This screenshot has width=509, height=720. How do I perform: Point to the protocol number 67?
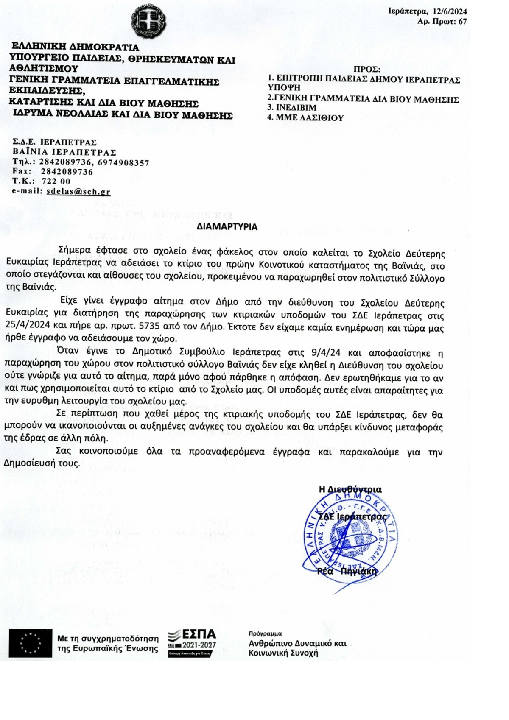click(x=463, y=22)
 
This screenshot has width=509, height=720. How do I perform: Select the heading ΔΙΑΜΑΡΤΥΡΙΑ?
click(x=227, y=227)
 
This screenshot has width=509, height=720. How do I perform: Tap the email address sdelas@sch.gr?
click(x=78, y=191)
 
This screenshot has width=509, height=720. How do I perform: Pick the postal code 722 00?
click(x=56, y=181)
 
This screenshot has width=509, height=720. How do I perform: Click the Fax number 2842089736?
click(x=67, y=172)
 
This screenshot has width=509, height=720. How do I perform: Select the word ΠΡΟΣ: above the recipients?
click(x=367, y=70)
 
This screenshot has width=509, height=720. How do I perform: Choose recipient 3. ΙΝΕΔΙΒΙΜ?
click(x=292, y=108)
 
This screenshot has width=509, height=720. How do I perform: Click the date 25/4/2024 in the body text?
click(x=28, y=327)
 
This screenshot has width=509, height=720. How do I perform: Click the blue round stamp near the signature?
click(x=350, y=537)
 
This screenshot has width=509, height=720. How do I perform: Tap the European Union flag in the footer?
click(x=31, y=643)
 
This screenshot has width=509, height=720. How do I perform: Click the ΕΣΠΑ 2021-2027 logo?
click(x=192, y=643)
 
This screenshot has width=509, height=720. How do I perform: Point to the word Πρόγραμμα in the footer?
click(x=265, y=633)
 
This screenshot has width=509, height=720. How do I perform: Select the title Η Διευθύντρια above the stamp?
click(x=350, y=490)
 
